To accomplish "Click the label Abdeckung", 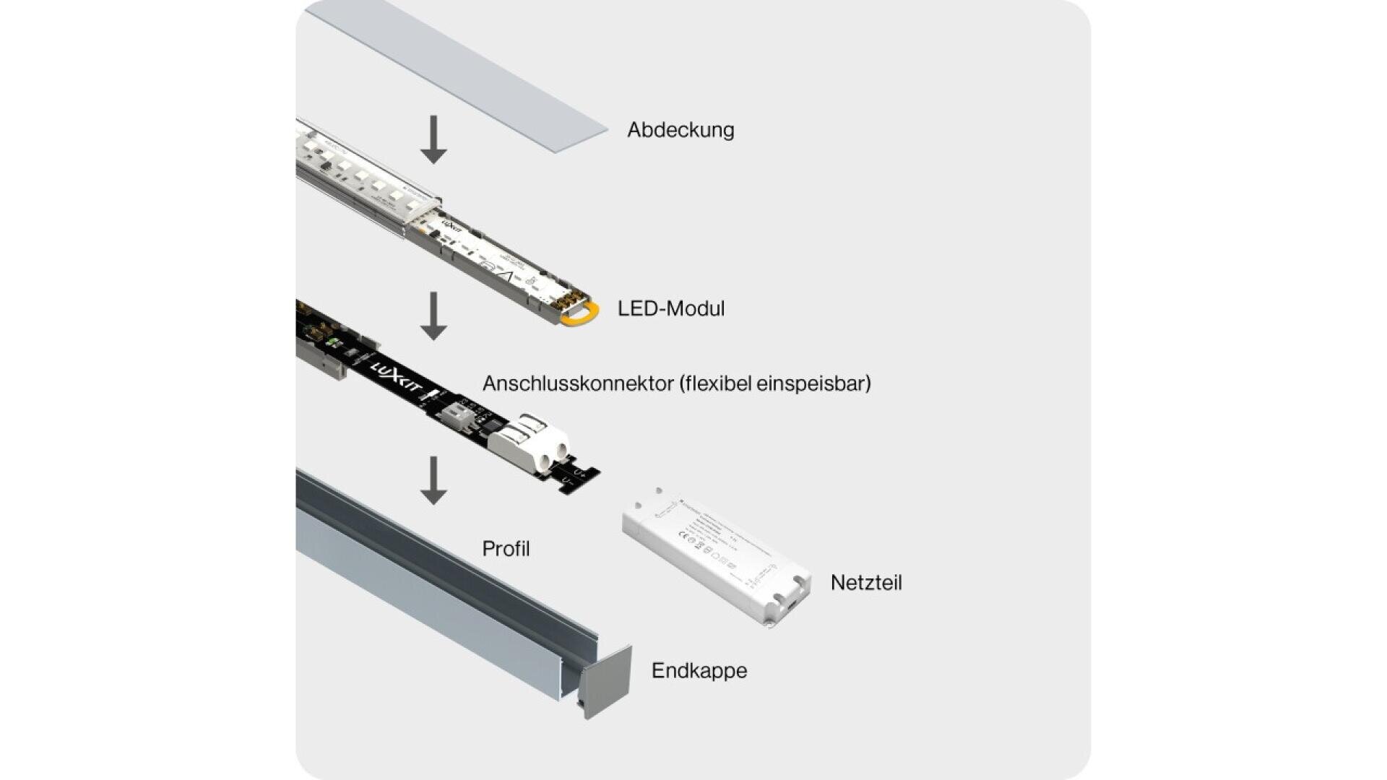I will pyautogui.click(x=680, y=130).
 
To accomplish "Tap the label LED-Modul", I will pyautogui.click(x=670, y=308).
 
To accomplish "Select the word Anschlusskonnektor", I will pyautogui.click(x=578, y=383).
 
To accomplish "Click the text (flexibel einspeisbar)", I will pyautogui.click(x=774, y=383).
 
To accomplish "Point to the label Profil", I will pyautogui.click(x=506, y=549).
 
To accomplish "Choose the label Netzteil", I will pyautogui.click(x=865, y=583).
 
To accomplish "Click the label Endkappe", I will pyautogui.click(x=699, y=671).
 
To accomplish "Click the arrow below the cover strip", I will pyautogui.click(x=433, y=139).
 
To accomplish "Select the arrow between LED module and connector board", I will pyautogui.click(x=433, y=316).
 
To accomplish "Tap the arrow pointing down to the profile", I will pyautogui.click(x=433, y=480).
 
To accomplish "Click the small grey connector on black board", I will pyautogui.click(x=458, y=418).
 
